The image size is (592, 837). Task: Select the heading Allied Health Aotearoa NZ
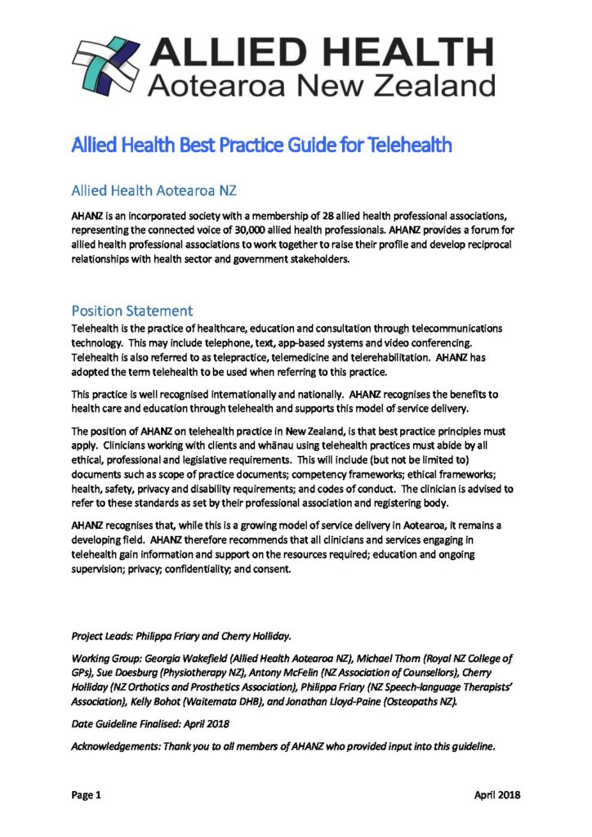(x=154, y=192)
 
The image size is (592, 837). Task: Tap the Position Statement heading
(x=131, y=311)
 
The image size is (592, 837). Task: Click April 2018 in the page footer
(x=497, y=795)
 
